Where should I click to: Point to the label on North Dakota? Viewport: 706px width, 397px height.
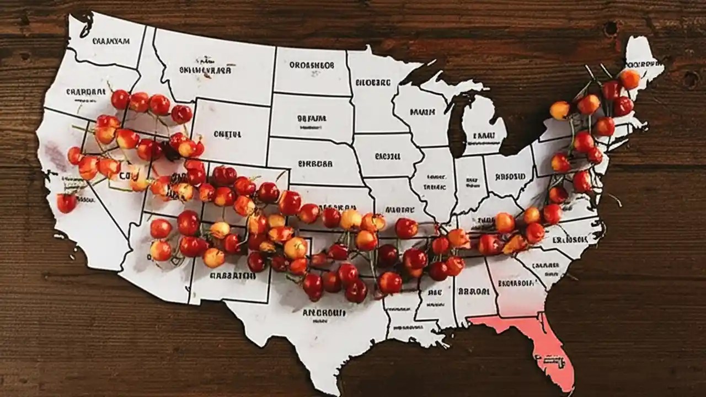312,65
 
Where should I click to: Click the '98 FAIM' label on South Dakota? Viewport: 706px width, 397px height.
312,118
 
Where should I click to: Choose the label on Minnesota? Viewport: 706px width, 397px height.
373,83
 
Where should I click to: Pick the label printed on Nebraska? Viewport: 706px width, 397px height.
315,164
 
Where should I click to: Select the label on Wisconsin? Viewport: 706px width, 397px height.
422,112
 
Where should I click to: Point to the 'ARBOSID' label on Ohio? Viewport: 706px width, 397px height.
510,178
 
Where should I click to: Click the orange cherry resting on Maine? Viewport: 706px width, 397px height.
629,79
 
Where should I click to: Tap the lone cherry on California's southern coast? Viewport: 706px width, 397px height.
67,203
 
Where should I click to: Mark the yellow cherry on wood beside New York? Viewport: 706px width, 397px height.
559,110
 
